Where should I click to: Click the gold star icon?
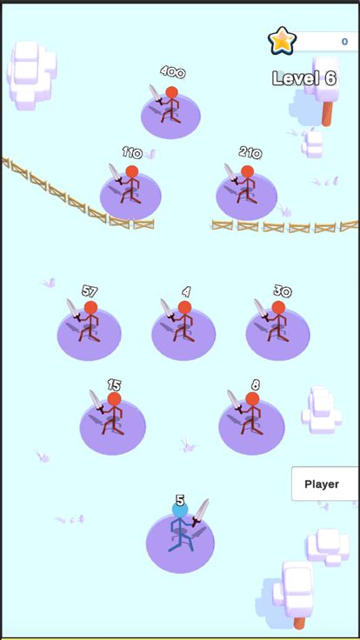[x=282, y=40]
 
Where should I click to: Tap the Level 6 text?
[x=303, y=78]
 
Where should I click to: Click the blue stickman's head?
[x=179, y=510]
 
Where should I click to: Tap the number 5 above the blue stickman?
[x=180, y=500]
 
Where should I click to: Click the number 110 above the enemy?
[x=131, y=153]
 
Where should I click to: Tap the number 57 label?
[x=90, y=290]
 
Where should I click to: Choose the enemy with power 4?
[x=183, y=323]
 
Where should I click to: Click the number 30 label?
[x=282, y=290]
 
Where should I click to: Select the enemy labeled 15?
[x=113, y=416]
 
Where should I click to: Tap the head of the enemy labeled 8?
[x=252, y=398]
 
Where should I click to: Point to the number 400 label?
[x=172, y=72]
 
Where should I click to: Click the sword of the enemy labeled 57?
[x=73, y=310]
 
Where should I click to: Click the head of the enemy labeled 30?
[x=278, y=307]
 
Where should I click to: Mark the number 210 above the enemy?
[x=250, y=153]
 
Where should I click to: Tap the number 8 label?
[x=255, y=384]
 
